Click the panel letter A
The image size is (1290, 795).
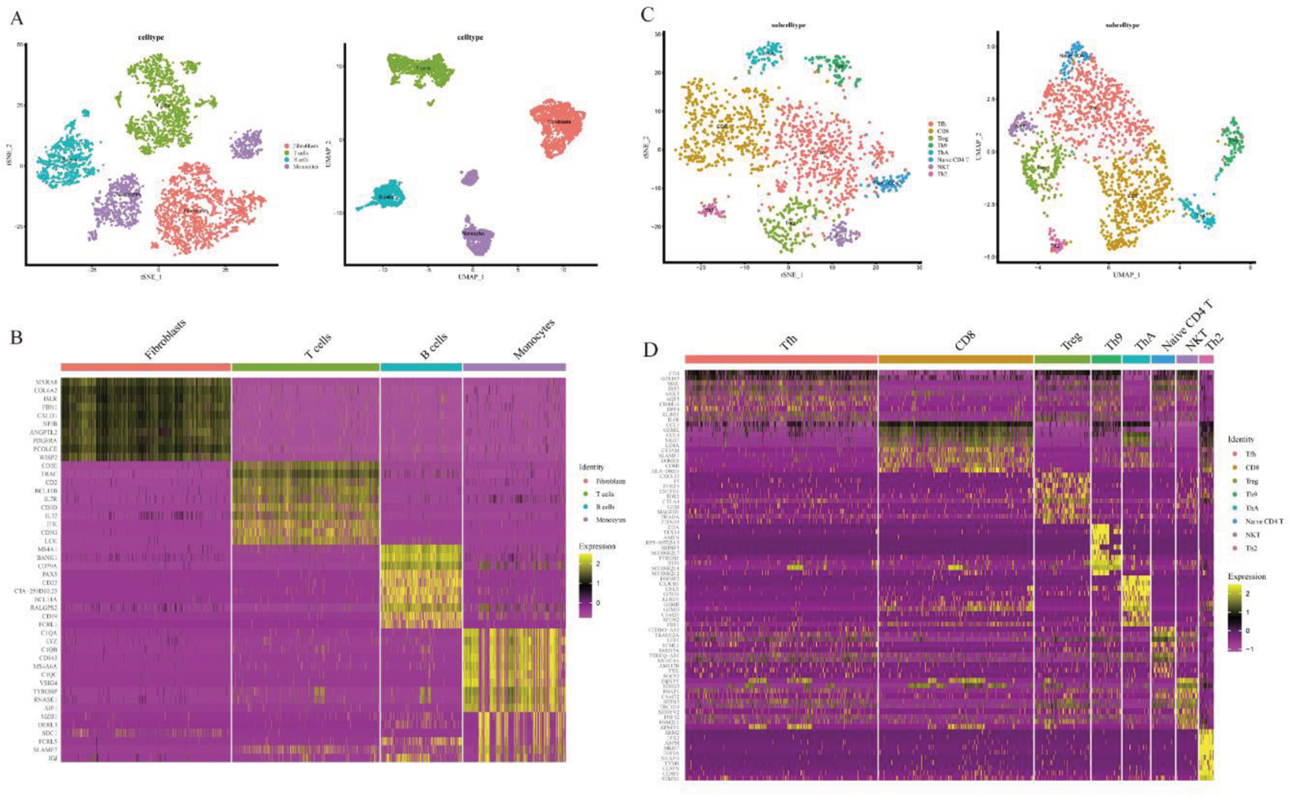coord(16,18)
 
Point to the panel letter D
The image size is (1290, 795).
coord(651,349)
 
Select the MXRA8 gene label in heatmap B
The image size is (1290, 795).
coord(46,382)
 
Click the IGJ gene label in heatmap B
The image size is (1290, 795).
coord(53,758)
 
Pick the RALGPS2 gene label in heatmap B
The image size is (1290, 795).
coord(43,608)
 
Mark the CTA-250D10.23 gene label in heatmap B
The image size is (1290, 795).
coord(35,591)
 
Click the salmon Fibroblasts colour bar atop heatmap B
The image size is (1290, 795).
coord(145,367)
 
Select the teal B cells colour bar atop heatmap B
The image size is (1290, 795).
coord(421,367)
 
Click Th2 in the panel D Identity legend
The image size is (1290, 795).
coord(1251,548)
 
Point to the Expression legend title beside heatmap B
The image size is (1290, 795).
coord(597,546)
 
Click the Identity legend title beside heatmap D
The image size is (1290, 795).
coord(1241,440)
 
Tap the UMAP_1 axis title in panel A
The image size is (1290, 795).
coord(471,276)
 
